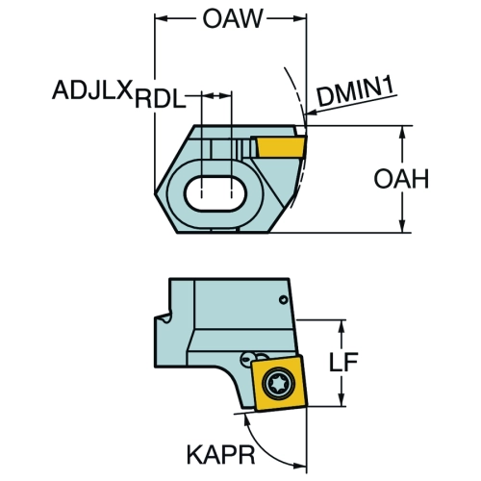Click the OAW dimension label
pos(233,18)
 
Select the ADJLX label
pos(92,89)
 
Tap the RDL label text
pos(161,99)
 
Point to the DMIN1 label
pos(355,93)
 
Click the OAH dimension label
pos(401,179)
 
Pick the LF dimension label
pos(343,363)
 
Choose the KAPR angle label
pos(220,454)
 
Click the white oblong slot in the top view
pos(215,193)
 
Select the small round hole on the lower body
pos(283,300)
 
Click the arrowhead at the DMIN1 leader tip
pos(311,113)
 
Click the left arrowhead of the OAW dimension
pos(162,18)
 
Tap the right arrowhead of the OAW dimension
pos(300,18)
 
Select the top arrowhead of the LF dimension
pos(342,326)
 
